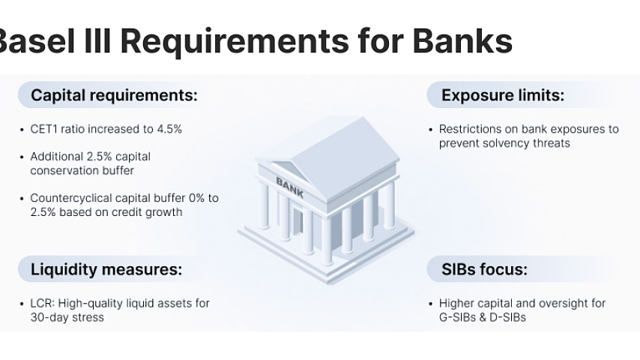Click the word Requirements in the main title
(x=235, y=42)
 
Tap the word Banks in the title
(x=462, y=41)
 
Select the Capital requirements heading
(x=114, y=95)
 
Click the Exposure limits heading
(x=503, y=95)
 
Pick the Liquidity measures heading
(x=106, y=269)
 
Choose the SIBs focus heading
(x=484, y=269)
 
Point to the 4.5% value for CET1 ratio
(x=169, y=129)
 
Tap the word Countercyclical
(x=71, y=198)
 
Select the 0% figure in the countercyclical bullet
(x=196, y=198)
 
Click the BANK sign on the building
(x=290, y=187)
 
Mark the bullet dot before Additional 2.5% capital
(x=22, y=157)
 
